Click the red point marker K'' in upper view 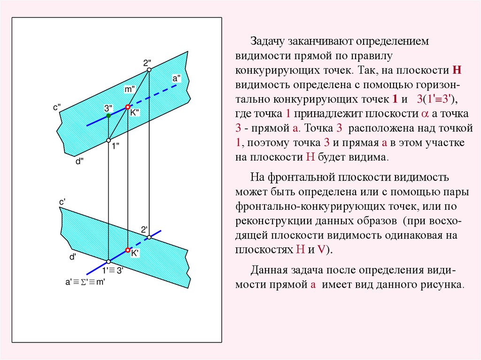(x=127, y=107)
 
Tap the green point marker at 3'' (x=109, y=115)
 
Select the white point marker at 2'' (x=149, y=70)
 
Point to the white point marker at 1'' (x=109, y=140)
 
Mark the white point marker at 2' (x=149, y=237)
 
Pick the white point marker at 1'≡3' (x=109, y=261)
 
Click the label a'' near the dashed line (x=177, y=78)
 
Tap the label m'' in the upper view (x=130, y=89)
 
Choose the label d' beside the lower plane (x=73, y=257)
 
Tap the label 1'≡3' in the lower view (x=113, y=270)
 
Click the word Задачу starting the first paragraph (x=268, y=41)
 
